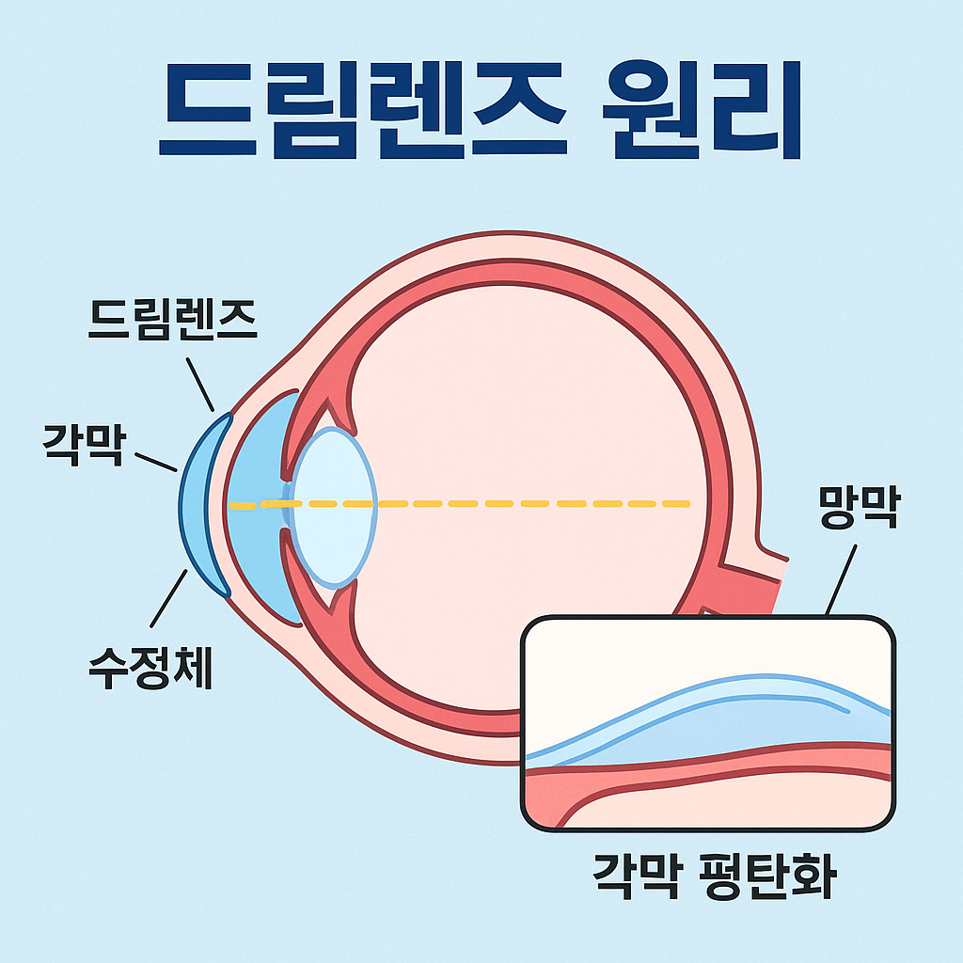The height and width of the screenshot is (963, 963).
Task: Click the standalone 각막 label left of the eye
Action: click(x=83, y=443)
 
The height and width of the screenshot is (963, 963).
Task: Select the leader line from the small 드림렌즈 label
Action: click(x=200, y=384)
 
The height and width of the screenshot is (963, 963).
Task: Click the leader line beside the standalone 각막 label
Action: click(x=156, y=462)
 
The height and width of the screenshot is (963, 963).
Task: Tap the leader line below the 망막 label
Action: click(x=841, y=581)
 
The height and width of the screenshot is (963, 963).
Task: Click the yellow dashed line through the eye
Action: click(x=527, y=505)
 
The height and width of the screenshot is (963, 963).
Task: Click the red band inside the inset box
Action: click(x=705, y=764)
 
